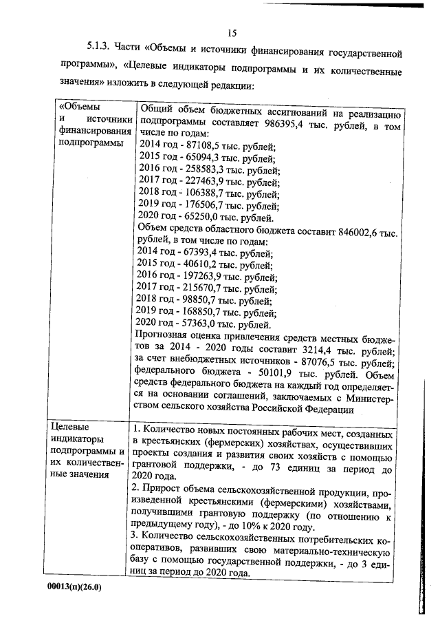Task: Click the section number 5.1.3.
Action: [100, 53]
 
